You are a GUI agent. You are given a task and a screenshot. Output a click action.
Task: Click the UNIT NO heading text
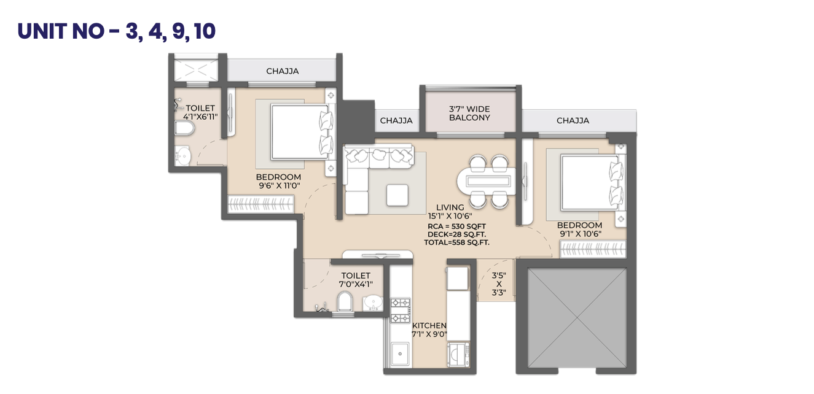tap(116, 31)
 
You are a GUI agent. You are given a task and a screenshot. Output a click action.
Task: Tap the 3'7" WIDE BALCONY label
tap(469, 114)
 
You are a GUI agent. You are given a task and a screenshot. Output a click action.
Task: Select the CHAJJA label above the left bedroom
tap(283, 71)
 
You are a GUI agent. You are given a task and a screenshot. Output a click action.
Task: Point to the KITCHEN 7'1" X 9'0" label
tap(429, 330)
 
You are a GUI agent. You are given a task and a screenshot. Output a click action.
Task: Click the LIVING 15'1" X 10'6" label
tap(450, 212)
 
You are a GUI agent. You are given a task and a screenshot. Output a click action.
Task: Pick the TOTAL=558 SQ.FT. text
tap(456, 242)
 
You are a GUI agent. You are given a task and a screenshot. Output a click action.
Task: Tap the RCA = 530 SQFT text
tap(456, 226)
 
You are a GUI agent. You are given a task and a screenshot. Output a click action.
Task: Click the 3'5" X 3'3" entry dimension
tap(499, 284)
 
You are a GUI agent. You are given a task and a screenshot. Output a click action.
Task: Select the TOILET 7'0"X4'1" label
tap(356, 280)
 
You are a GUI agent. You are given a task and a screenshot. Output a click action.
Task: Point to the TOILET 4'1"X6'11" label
tap(200, 112)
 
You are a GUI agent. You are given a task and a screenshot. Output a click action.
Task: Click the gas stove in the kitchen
tap(401, 311)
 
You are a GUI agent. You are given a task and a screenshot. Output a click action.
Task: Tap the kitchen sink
tap(400, 353)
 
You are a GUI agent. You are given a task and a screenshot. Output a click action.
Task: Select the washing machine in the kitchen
tap(458, 355)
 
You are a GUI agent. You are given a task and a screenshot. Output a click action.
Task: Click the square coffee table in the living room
tap(397, 195)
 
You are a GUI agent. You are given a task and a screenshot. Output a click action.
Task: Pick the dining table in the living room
tap(486, 181)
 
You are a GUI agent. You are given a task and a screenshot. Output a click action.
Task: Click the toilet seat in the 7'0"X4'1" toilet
tap(345, 301)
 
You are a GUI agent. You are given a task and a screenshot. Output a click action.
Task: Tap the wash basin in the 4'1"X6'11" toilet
tap(182, 156)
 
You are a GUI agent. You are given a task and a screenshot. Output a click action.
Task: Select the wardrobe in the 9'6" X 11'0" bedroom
tap(260, 204)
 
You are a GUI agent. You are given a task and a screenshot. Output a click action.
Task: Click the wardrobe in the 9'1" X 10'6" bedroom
tap(593, 249)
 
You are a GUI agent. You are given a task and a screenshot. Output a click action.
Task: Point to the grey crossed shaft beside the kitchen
tap(577, 318)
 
